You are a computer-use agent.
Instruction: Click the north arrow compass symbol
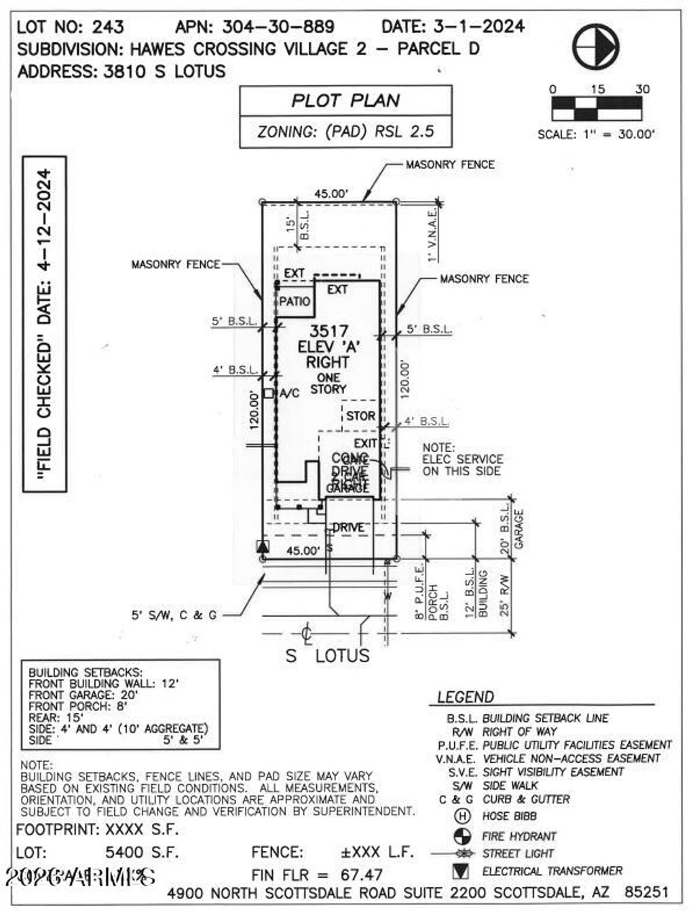click(595, 46)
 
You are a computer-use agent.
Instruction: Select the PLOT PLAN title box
click(345, 101)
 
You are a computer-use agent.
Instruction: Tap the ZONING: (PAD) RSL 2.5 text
click(345, 131)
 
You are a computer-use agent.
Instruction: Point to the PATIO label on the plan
click(295, 301)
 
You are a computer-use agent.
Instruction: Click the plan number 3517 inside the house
click(328, 332)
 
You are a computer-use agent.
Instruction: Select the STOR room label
click(360, 416)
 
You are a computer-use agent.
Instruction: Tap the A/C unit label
click(289, 393)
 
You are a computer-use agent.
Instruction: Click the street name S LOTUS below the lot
click(328, 656)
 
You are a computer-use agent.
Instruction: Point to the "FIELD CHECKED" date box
click(45, 323)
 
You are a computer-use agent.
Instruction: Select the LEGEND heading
click(466, 697)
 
